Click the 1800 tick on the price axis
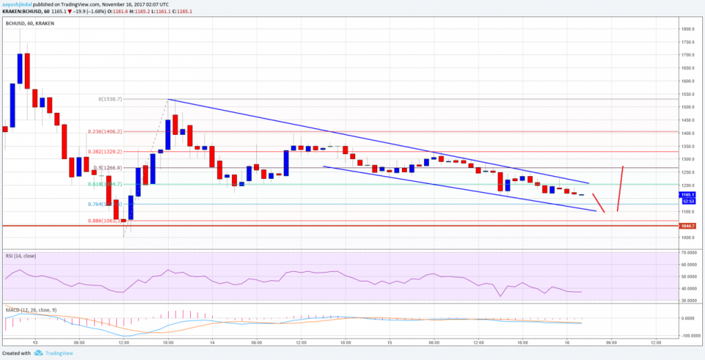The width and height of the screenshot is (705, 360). [686, 29]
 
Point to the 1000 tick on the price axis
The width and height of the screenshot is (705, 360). [686, 238]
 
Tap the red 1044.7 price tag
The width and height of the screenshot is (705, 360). [688, 226]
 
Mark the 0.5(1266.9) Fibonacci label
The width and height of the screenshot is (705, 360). [109, 167]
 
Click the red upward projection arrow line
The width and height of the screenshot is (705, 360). [621, 187]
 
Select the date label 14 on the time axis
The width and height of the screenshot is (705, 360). [212, 342]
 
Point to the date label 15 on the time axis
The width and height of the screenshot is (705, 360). [389, 342]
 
